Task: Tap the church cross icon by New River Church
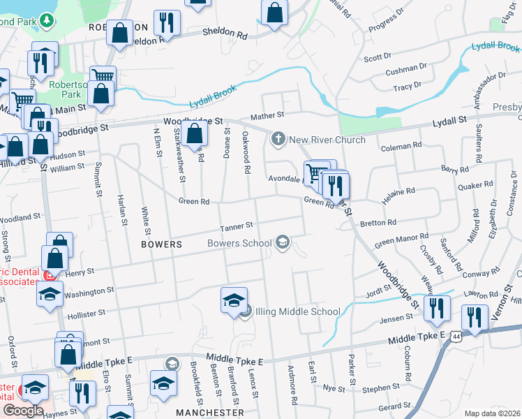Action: [278, 138]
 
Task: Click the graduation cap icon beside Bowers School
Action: [283, 243]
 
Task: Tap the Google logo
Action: [23, 410]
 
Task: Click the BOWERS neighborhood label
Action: [161, 245]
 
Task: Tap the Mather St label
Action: [268, 115]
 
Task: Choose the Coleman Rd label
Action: [402, 146]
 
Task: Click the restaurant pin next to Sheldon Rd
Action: [166, 22]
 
